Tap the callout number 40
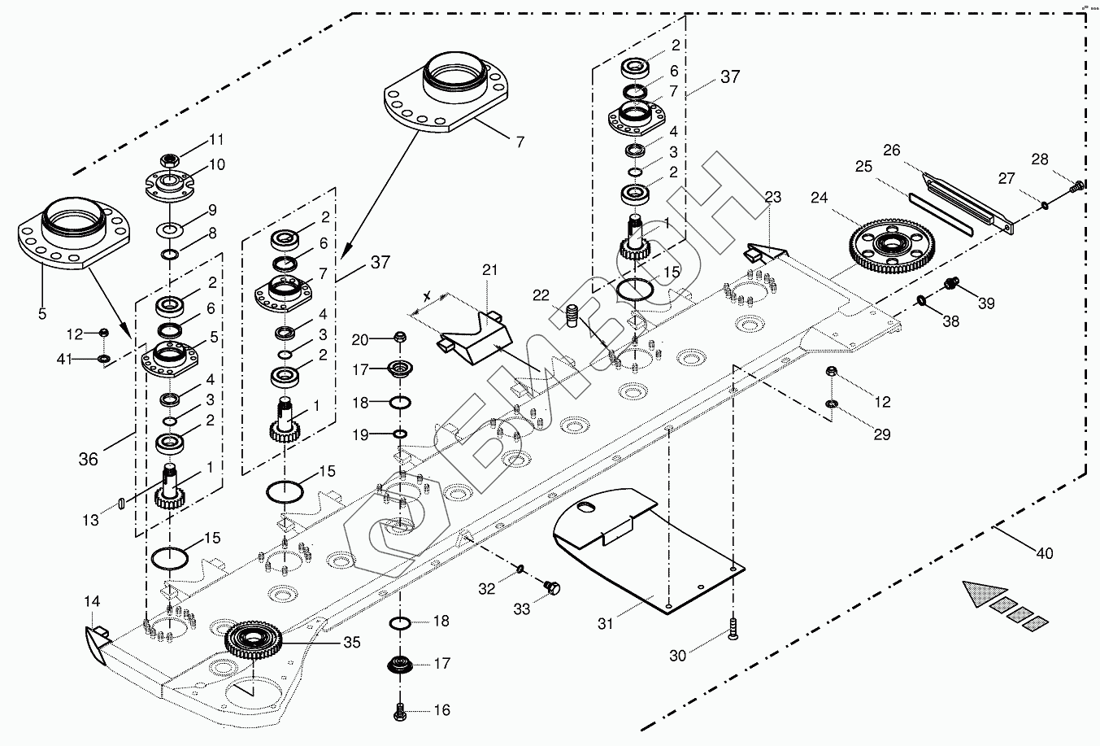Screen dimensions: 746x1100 (x=1044, y=554)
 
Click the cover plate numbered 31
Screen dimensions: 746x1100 (x=646, y=548)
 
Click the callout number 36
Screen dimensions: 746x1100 (x=88, y=459)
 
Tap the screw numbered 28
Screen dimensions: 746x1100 (x=1078, y=186)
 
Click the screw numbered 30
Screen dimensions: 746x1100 (x=733, y=628)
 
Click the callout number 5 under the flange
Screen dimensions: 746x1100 (x=41, y=312)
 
